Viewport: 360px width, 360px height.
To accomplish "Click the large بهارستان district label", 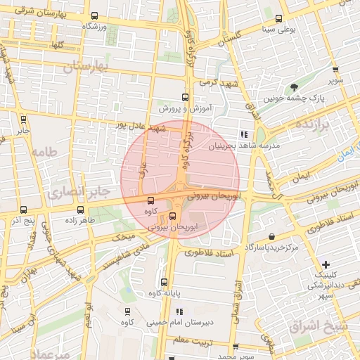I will (x=89, y=66).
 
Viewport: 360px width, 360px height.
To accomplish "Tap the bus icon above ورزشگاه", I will (x=95, y=16).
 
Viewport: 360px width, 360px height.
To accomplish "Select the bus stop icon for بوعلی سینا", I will (x=281, y=19).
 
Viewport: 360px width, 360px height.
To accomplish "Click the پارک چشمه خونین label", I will (x=293, y=99).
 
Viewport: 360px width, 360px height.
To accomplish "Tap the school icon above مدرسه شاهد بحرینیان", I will (x=244, y=134).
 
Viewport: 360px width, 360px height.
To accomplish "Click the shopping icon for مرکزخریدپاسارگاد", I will (x=271, y=238).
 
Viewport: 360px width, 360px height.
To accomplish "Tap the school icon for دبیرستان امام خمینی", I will (x=179, y=311).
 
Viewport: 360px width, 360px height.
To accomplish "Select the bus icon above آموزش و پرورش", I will (x=185, y=98).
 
